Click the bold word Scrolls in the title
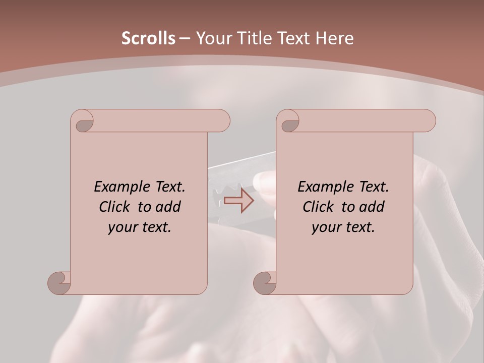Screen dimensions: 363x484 [148, 38]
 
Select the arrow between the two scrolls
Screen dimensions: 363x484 [239, 200]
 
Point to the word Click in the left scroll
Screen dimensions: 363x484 [114, 207]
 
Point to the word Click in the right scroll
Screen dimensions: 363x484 [318, 207]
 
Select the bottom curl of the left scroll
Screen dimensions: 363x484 [59, 282]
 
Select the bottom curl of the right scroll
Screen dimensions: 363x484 [265, 282]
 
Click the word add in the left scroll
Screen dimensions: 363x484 [168, 207]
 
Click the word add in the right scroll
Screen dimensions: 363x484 [372, 207]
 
